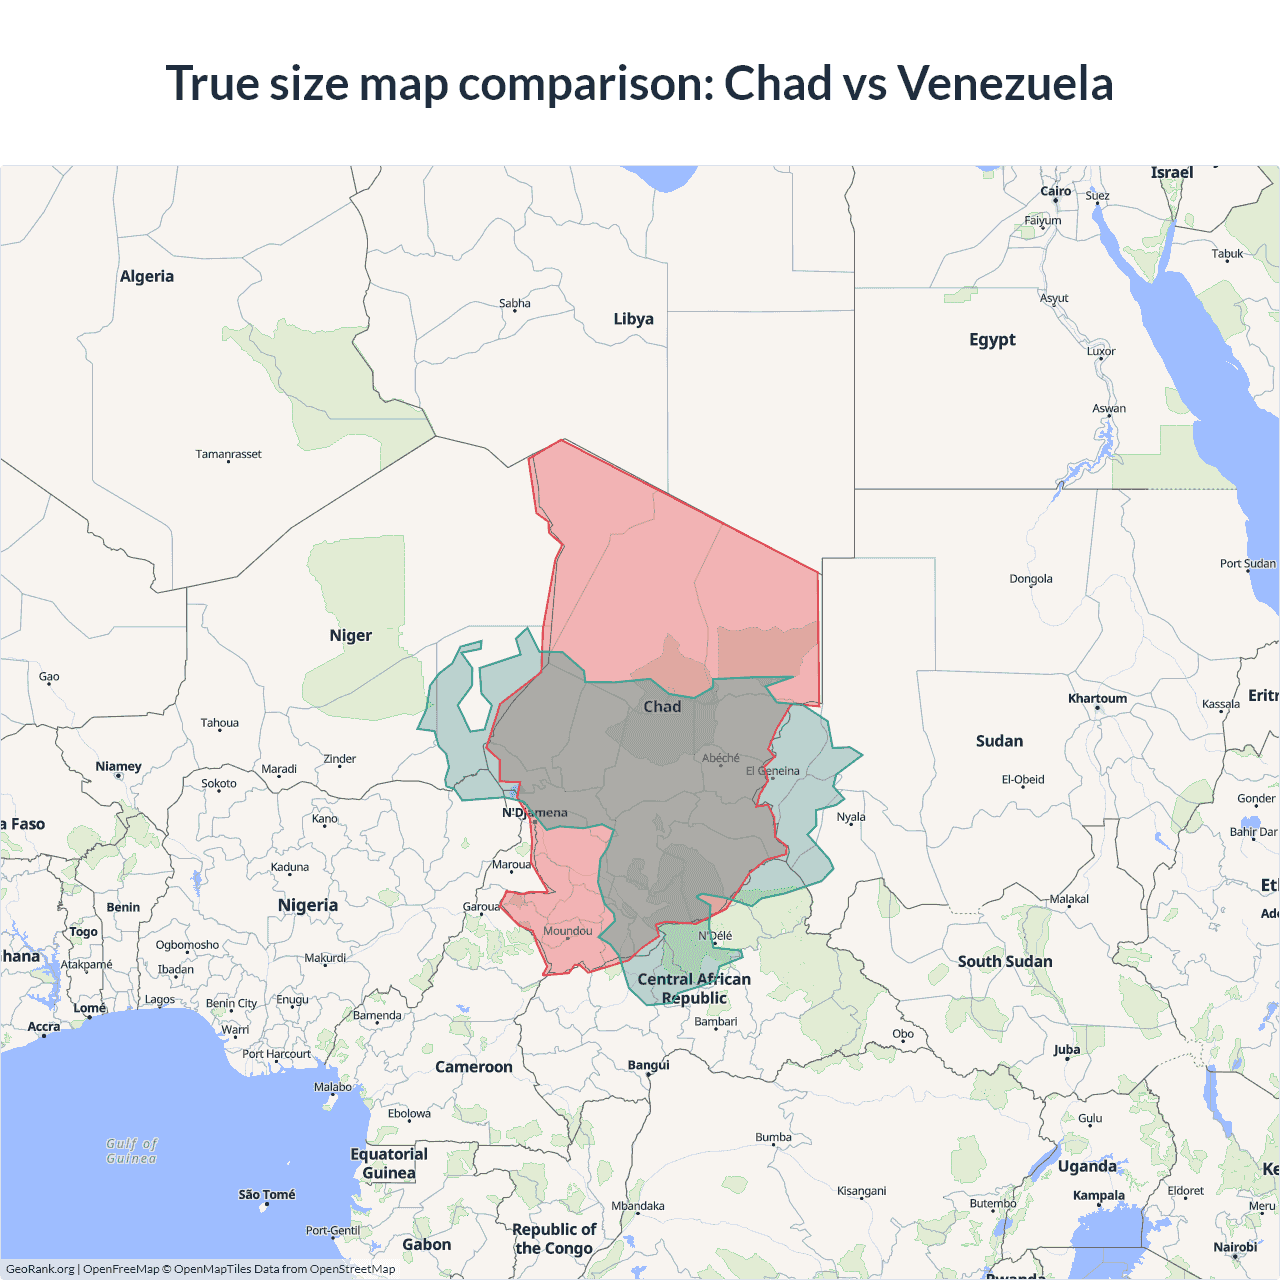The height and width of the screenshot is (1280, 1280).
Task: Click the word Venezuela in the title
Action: (x=1004, y=83)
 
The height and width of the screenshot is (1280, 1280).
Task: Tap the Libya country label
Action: (x=633, y=319)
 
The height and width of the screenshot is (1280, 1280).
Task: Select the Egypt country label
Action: (x=992, y=340)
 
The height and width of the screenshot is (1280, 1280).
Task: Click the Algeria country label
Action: (x=147, y=277)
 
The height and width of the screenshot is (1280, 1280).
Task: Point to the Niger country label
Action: (x=350, y=636)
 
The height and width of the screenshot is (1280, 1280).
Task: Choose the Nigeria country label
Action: (x=308, y=906)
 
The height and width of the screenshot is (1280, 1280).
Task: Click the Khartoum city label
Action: (x=1097, y=699)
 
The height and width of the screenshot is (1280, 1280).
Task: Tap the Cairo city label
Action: (x=1055, y=191)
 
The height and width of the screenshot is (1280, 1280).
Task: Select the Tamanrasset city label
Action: (x=228, y=454)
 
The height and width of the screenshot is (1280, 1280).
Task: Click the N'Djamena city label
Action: (x=535, y=813)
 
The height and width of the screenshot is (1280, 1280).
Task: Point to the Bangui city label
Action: (x=648, y=1065)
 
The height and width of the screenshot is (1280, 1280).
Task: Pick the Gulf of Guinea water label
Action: (x=132, y=1151)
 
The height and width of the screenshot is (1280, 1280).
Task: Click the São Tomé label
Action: (x=267, y=1194)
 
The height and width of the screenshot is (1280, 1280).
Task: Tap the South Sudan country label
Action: (x=1005, y=962)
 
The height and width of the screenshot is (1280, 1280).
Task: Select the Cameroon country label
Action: (x=474, y=1068)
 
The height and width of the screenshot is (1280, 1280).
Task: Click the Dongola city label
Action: (x=1031, y=579)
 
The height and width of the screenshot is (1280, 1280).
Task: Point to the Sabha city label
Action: (x=515, y=303)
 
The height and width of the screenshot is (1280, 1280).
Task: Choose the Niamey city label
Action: (x=118, y=767)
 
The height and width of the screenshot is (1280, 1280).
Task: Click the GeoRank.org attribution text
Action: (x=40, y=1269)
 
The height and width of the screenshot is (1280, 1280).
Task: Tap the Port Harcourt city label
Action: (x=276, y=1054)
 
